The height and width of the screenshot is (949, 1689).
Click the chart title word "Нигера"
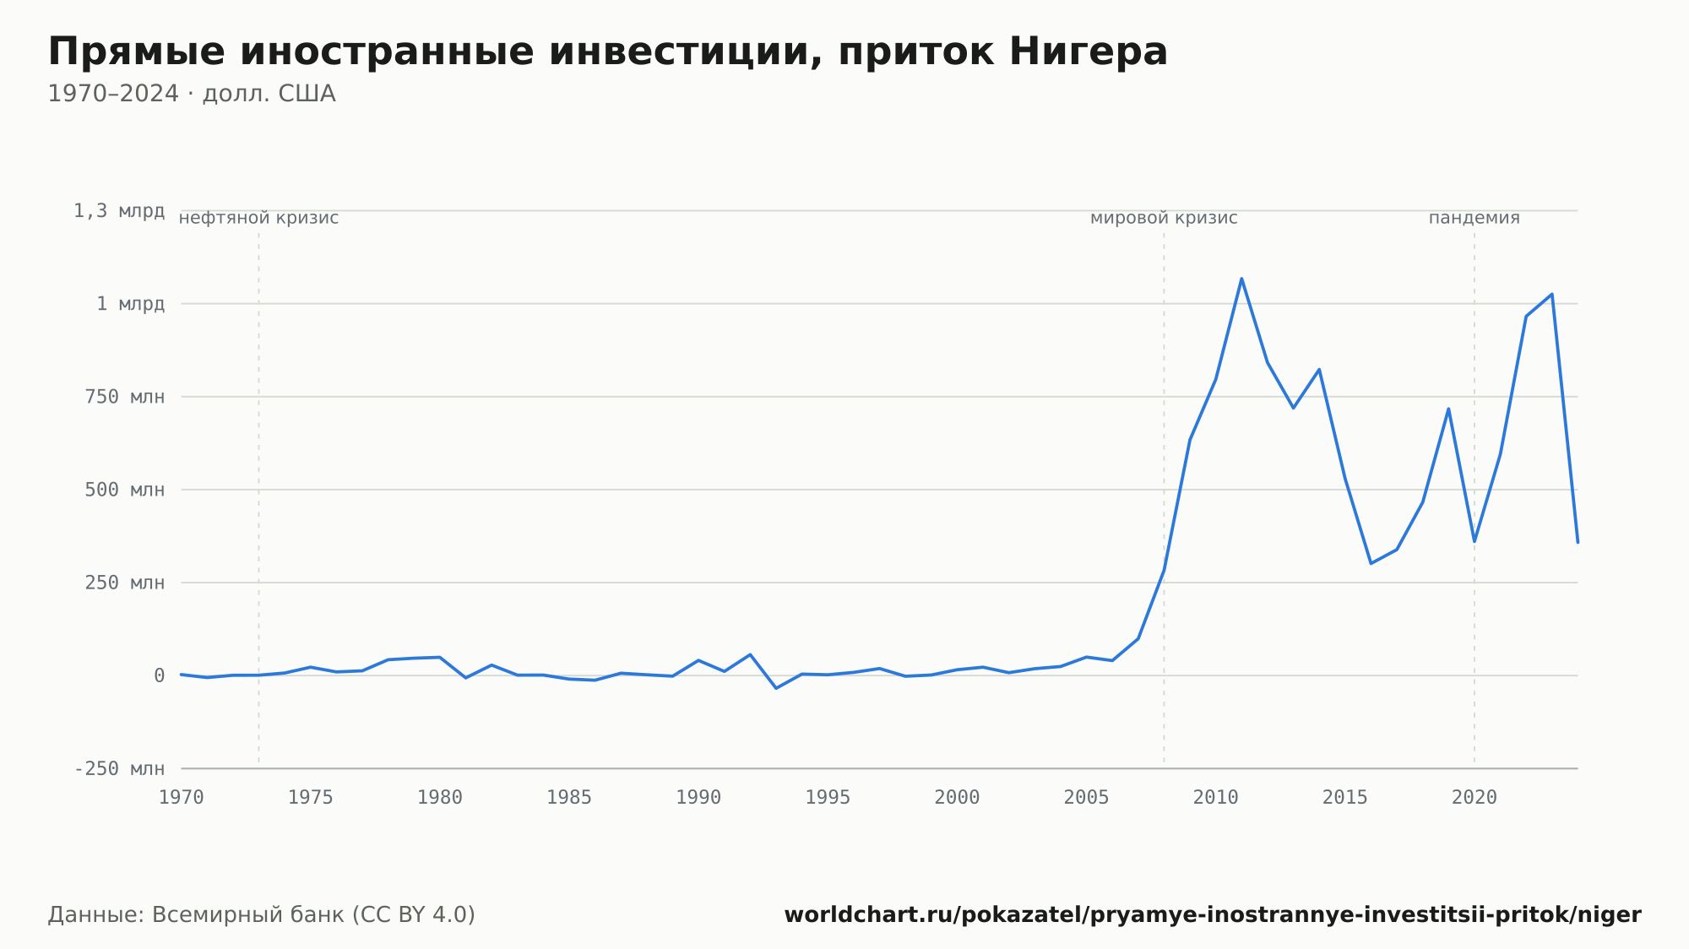[x=1088, y=52]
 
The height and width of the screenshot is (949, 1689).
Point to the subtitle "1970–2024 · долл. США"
[x=192, y=94]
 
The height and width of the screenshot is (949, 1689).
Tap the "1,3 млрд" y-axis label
[x=119, y=211]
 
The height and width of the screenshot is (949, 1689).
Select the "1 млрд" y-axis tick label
[x=131, y=304]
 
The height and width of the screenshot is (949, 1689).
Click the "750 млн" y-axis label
[x=125, y=397]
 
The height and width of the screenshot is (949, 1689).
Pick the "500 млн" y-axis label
[x=125, y=490]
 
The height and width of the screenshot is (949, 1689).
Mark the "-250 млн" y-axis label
[x=120, y=768]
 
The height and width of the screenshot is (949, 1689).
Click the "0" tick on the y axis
[x=160, y=675]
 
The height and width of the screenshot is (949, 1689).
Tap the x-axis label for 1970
[x=182, y=798]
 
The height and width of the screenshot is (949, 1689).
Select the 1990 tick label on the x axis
[x=698, y=798]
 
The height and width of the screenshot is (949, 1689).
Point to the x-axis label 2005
[x=1087, y=798]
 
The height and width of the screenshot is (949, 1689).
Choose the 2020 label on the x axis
[x=1474, y=798]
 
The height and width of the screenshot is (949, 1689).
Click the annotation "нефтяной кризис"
[x=259, y=218]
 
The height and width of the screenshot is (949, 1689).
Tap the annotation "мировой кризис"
[x=1164, y=218]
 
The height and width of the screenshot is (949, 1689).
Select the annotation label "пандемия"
[x=1474, y=218]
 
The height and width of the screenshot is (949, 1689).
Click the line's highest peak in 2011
[x=1241, y=278]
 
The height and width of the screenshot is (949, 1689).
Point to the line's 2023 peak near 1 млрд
[x=1551, y=294]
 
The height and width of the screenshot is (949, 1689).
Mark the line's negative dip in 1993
[x=776, y=688]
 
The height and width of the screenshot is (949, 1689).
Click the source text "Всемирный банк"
[x=248, y=915]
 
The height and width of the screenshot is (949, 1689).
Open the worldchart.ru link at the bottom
[x=1213, y=915]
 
